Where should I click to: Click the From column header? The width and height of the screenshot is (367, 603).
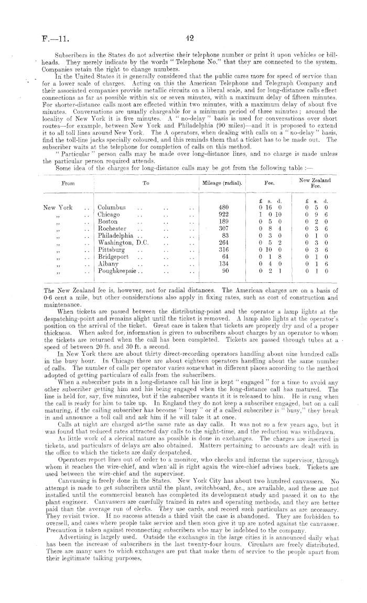point(68,184)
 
